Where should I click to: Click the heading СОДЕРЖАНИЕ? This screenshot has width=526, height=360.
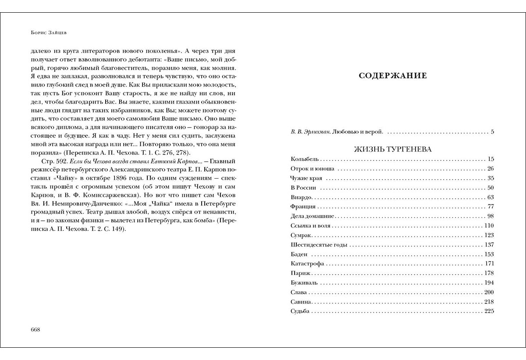tap(393, 76)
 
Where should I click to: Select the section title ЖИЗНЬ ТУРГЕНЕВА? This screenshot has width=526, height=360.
tap(393, 149)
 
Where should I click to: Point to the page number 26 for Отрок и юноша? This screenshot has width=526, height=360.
tap(490, 169)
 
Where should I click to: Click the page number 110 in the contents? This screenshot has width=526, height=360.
tap(489, 226)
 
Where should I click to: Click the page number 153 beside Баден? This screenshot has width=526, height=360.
tap(489, 254)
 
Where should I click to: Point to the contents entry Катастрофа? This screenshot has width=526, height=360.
tap(307, 264)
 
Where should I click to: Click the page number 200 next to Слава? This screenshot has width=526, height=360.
tap(489, 292)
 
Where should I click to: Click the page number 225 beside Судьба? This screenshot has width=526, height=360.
tap(489, 311)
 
